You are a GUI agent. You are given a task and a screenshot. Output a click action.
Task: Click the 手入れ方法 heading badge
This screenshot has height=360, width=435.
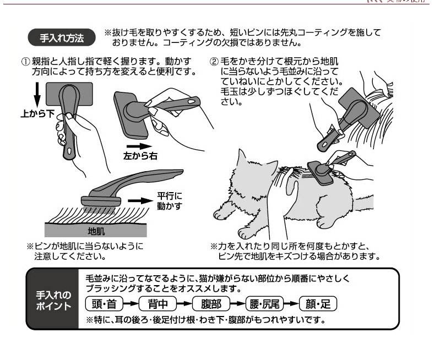click(x=62, y=38)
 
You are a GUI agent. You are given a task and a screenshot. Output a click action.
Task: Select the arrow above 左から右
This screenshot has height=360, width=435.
click(x=140, y=146)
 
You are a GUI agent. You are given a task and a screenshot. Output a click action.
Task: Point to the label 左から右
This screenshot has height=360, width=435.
click(x=140, y=156)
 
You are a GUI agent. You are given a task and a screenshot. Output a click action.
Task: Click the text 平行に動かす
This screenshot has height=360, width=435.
click(x=170, y=200)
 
